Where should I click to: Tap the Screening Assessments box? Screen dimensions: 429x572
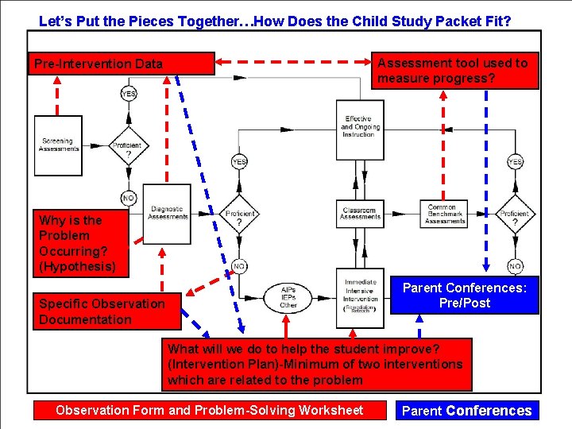(x=58, y=145)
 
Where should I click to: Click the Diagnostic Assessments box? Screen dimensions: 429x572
(x=167, y=212)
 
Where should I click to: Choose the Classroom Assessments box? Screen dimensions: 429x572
(x=360, y=212)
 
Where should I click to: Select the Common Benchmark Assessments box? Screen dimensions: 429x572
(x=445, y=213)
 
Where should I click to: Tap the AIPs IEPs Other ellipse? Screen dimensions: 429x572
(x=288, y=297)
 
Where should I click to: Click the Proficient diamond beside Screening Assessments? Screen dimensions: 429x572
(x=127, y=146)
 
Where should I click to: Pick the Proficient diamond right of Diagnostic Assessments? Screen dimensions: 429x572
(x=239, y=215)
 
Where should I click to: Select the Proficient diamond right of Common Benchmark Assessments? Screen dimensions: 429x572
(x=514, y=215)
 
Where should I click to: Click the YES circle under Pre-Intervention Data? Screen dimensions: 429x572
(x=128, y=94)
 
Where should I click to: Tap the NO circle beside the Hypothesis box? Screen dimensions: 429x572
(x=128, y=197)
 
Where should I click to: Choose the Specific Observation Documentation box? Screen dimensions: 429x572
(x=106, y=311)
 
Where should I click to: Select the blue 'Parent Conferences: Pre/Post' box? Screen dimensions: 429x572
(x=465, y=295)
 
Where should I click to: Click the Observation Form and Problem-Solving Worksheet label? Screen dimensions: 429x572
(x=210, y=410)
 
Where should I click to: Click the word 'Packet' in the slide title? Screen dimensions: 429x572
(x=470, y=21)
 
